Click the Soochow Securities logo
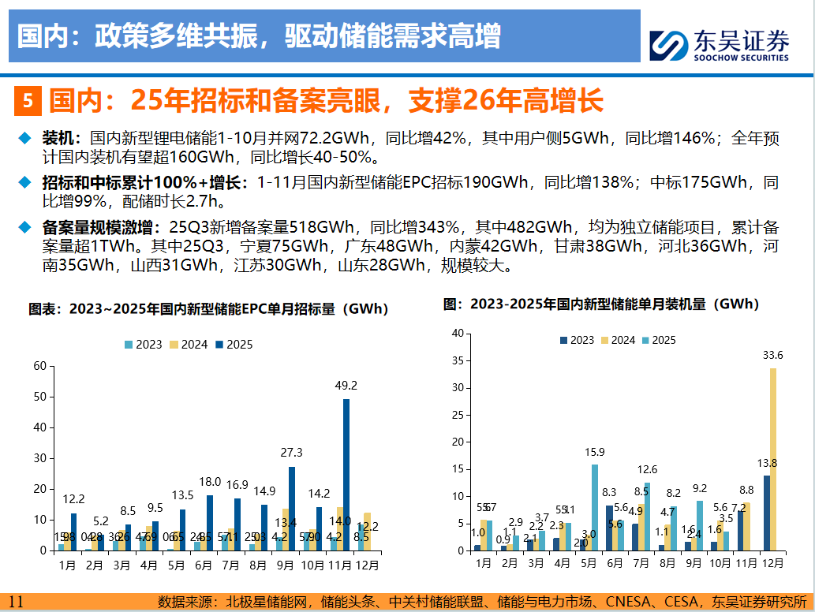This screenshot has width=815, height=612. point(718,46)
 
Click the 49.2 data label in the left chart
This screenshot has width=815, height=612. point(346,386)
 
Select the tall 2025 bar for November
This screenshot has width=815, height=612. point(346,474)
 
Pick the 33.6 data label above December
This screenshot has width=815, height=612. point(772,354)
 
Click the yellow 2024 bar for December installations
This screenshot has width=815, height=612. point(773,458)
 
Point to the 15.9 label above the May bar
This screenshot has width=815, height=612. point(594,452)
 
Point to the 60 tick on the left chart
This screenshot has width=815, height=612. point(39,366)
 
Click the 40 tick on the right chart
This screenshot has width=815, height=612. point(456,333)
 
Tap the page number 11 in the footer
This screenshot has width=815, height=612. point(17,602)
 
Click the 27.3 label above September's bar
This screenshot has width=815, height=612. point(292,453)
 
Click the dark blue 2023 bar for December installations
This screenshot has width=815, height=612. point(766,513)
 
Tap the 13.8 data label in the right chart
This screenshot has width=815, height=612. point(765,463)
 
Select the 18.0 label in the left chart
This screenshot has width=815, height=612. point(210,482)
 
